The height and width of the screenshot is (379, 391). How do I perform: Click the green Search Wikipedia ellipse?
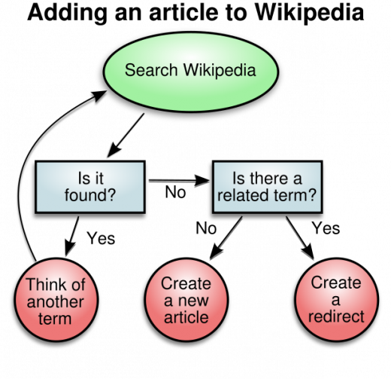pyautogui.click(x=190, y=72)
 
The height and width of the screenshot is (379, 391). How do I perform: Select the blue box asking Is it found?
pyautogui.click(x=90, y=187)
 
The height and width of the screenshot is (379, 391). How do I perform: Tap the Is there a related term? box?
pyautogui.click(x=267, y=187)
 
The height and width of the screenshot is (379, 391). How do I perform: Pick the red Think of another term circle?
pyautogui.click(x=56, y=301)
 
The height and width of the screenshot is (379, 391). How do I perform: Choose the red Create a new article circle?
pyautogui.click(x=186, y=300)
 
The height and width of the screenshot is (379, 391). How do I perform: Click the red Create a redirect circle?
pyautogui.click(x=336, y=300)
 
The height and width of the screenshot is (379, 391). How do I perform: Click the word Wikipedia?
pyautogui.click(x=220, y=71)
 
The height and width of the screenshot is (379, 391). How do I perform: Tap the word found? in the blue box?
pyautogui.click(x=90, y=197)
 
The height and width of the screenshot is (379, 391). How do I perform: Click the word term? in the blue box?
pyautogui.click(x=297, y=197)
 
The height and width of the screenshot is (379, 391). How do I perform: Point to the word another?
pyautogui.click(x=56, y=301)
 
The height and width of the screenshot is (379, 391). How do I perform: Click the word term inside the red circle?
pyautogui.click(x=56, y=318)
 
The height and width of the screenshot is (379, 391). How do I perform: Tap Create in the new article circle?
pyautogui.click(x=186, y=283)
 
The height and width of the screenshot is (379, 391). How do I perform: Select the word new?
pyautogui.click(x=193, y=300)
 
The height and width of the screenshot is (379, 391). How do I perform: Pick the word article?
pyautogui.click(x=186, y=316)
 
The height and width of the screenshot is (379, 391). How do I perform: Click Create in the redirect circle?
pyautogui.click(x=336, y=283)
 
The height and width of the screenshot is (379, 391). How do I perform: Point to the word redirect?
pyautogui.click(x=336, y=316)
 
